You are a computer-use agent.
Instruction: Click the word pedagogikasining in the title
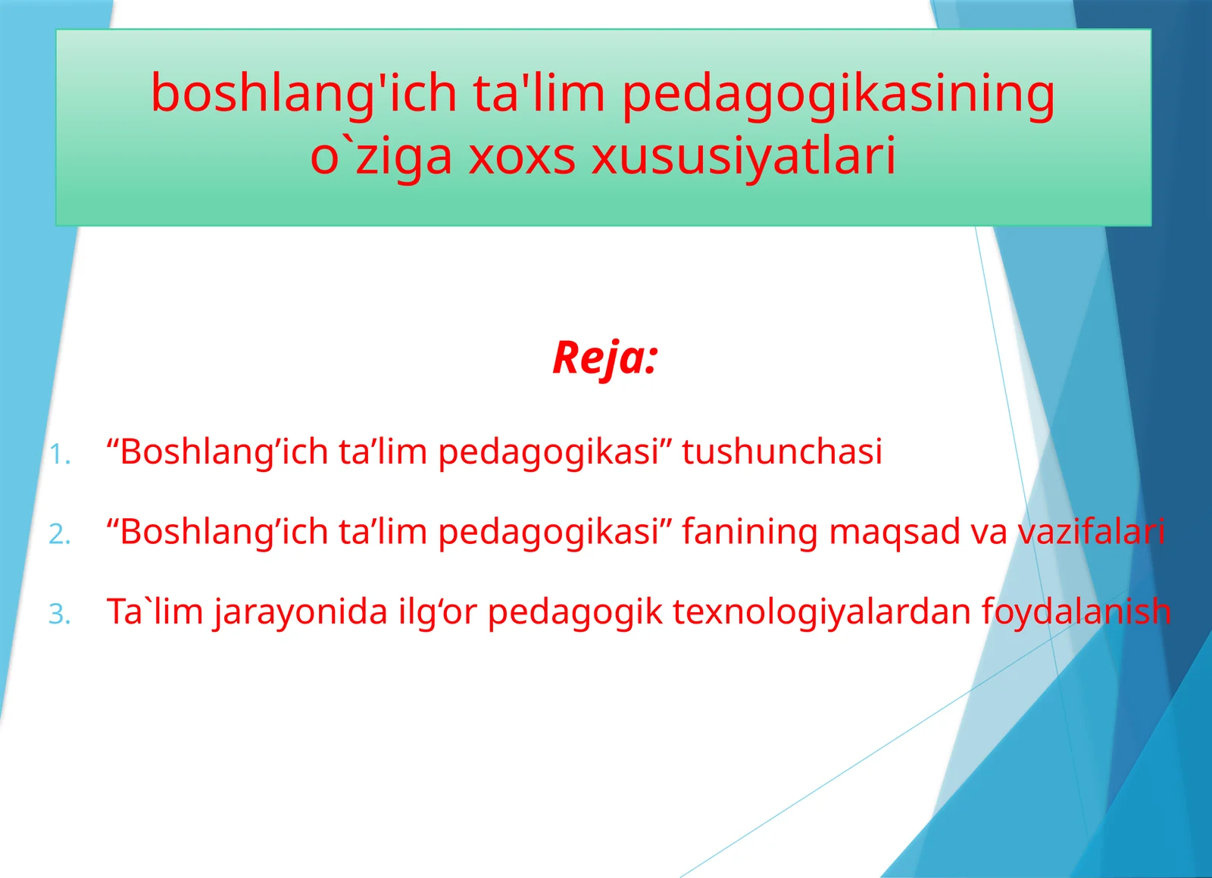(x=838, y=94)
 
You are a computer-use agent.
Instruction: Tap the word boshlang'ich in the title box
(x=304, y=94)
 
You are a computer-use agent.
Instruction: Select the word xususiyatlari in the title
(x=743, y=157)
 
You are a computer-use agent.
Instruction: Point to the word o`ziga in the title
(x=382, y=157)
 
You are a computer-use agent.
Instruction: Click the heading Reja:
(x=604, y=358)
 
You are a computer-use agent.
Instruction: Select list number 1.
(x=60, y=455)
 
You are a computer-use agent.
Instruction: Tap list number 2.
(x=60, y=534)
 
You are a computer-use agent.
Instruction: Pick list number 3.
(x=60, y=614)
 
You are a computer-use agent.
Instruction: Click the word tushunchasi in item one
(x=782, y=451)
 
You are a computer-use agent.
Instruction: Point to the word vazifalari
(x=1090, y=531)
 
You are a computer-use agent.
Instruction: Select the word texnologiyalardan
(x=821, y=611)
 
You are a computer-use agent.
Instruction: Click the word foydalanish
(x=1076, y=611)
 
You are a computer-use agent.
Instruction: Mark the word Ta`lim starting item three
(x=155, y=611)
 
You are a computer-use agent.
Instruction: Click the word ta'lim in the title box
(x=539, y=94)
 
